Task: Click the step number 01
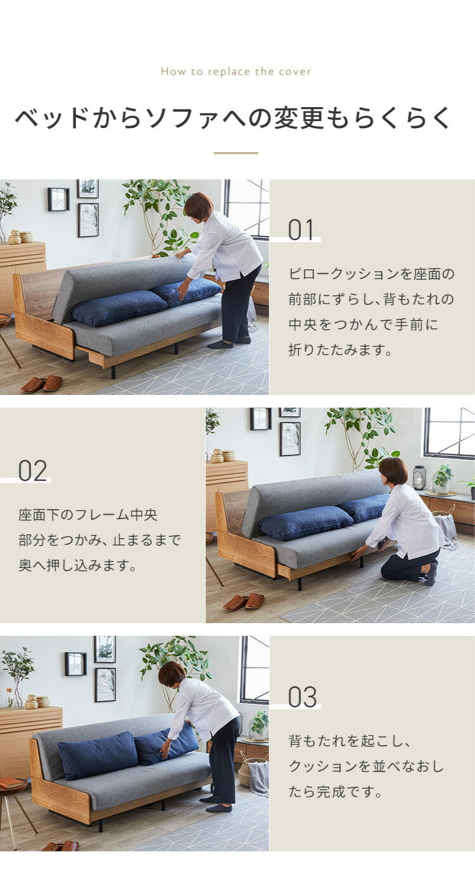click(x=301, y=229)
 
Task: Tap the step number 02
click(x=32, y=470)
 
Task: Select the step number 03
click(x=302, y=697)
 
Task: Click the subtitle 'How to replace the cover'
click(x=236, y=72)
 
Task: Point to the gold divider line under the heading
click(x=236, y=153)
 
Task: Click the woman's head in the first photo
click(x=198, y=206)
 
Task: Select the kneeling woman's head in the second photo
click(x=393, y=471)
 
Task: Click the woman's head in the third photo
click(x=172, y=674)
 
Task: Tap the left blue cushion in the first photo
click(x=118, y=308)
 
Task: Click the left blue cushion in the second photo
click(x=305, y=523)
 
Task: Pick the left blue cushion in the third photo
click(x=98, y=755)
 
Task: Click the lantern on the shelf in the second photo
click(x=419, y=477)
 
